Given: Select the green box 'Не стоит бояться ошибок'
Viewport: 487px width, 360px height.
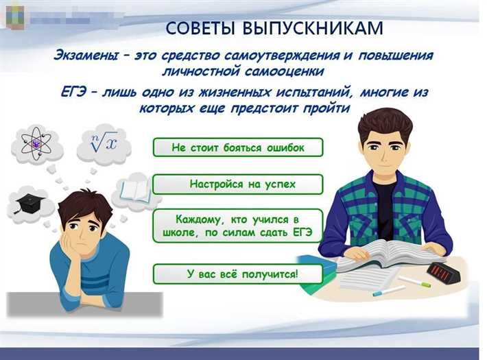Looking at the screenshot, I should point(237,147).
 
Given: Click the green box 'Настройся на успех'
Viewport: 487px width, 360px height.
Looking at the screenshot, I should point(237,184).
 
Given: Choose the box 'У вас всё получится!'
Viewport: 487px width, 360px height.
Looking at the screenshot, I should point(237,274).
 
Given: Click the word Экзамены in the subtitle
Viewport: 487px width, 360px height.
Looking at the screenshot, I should point(87,56).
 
